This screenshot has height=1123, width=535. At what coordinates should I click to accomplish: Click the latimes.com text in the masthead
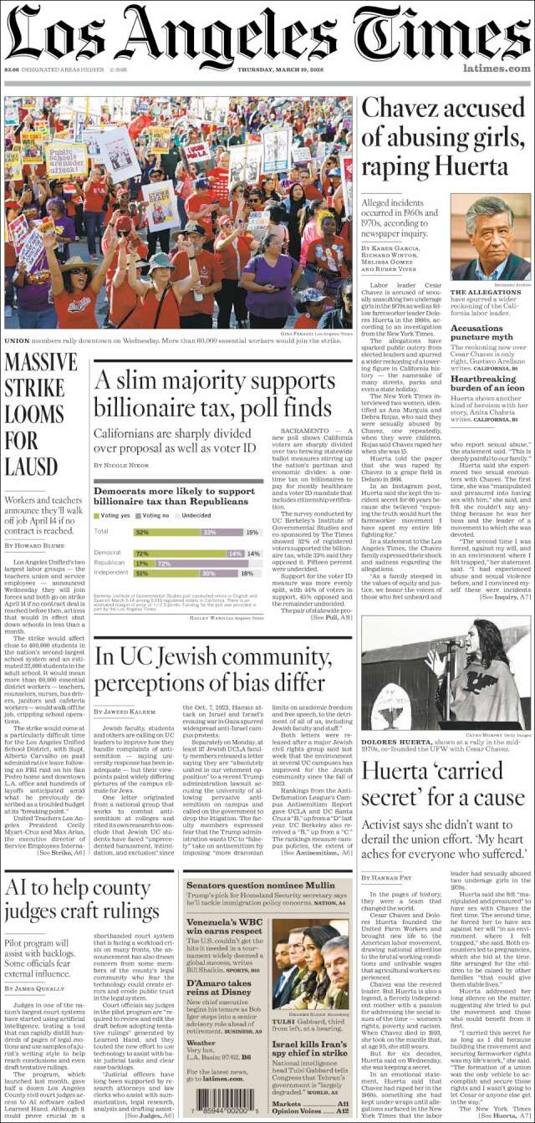click(496, 69)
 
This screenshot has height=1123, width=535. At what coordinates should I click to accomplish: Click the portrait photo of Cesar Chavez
click(491, 239)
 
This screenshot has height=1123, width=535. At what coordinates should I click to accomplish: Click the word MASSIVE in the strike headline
click(41, 363)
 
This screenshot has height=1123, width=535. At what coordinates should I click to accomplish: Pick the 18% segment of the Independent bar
click(246, 574)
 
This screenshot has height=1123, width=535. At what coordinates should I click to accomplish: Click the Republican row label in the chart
click(110, 564)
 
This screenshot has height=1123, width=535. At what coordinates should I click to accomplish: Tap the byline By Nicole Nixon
click(122, 464)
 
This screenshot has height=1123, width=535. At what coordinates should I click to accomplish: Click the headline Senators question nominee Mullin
click(259, 884)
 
